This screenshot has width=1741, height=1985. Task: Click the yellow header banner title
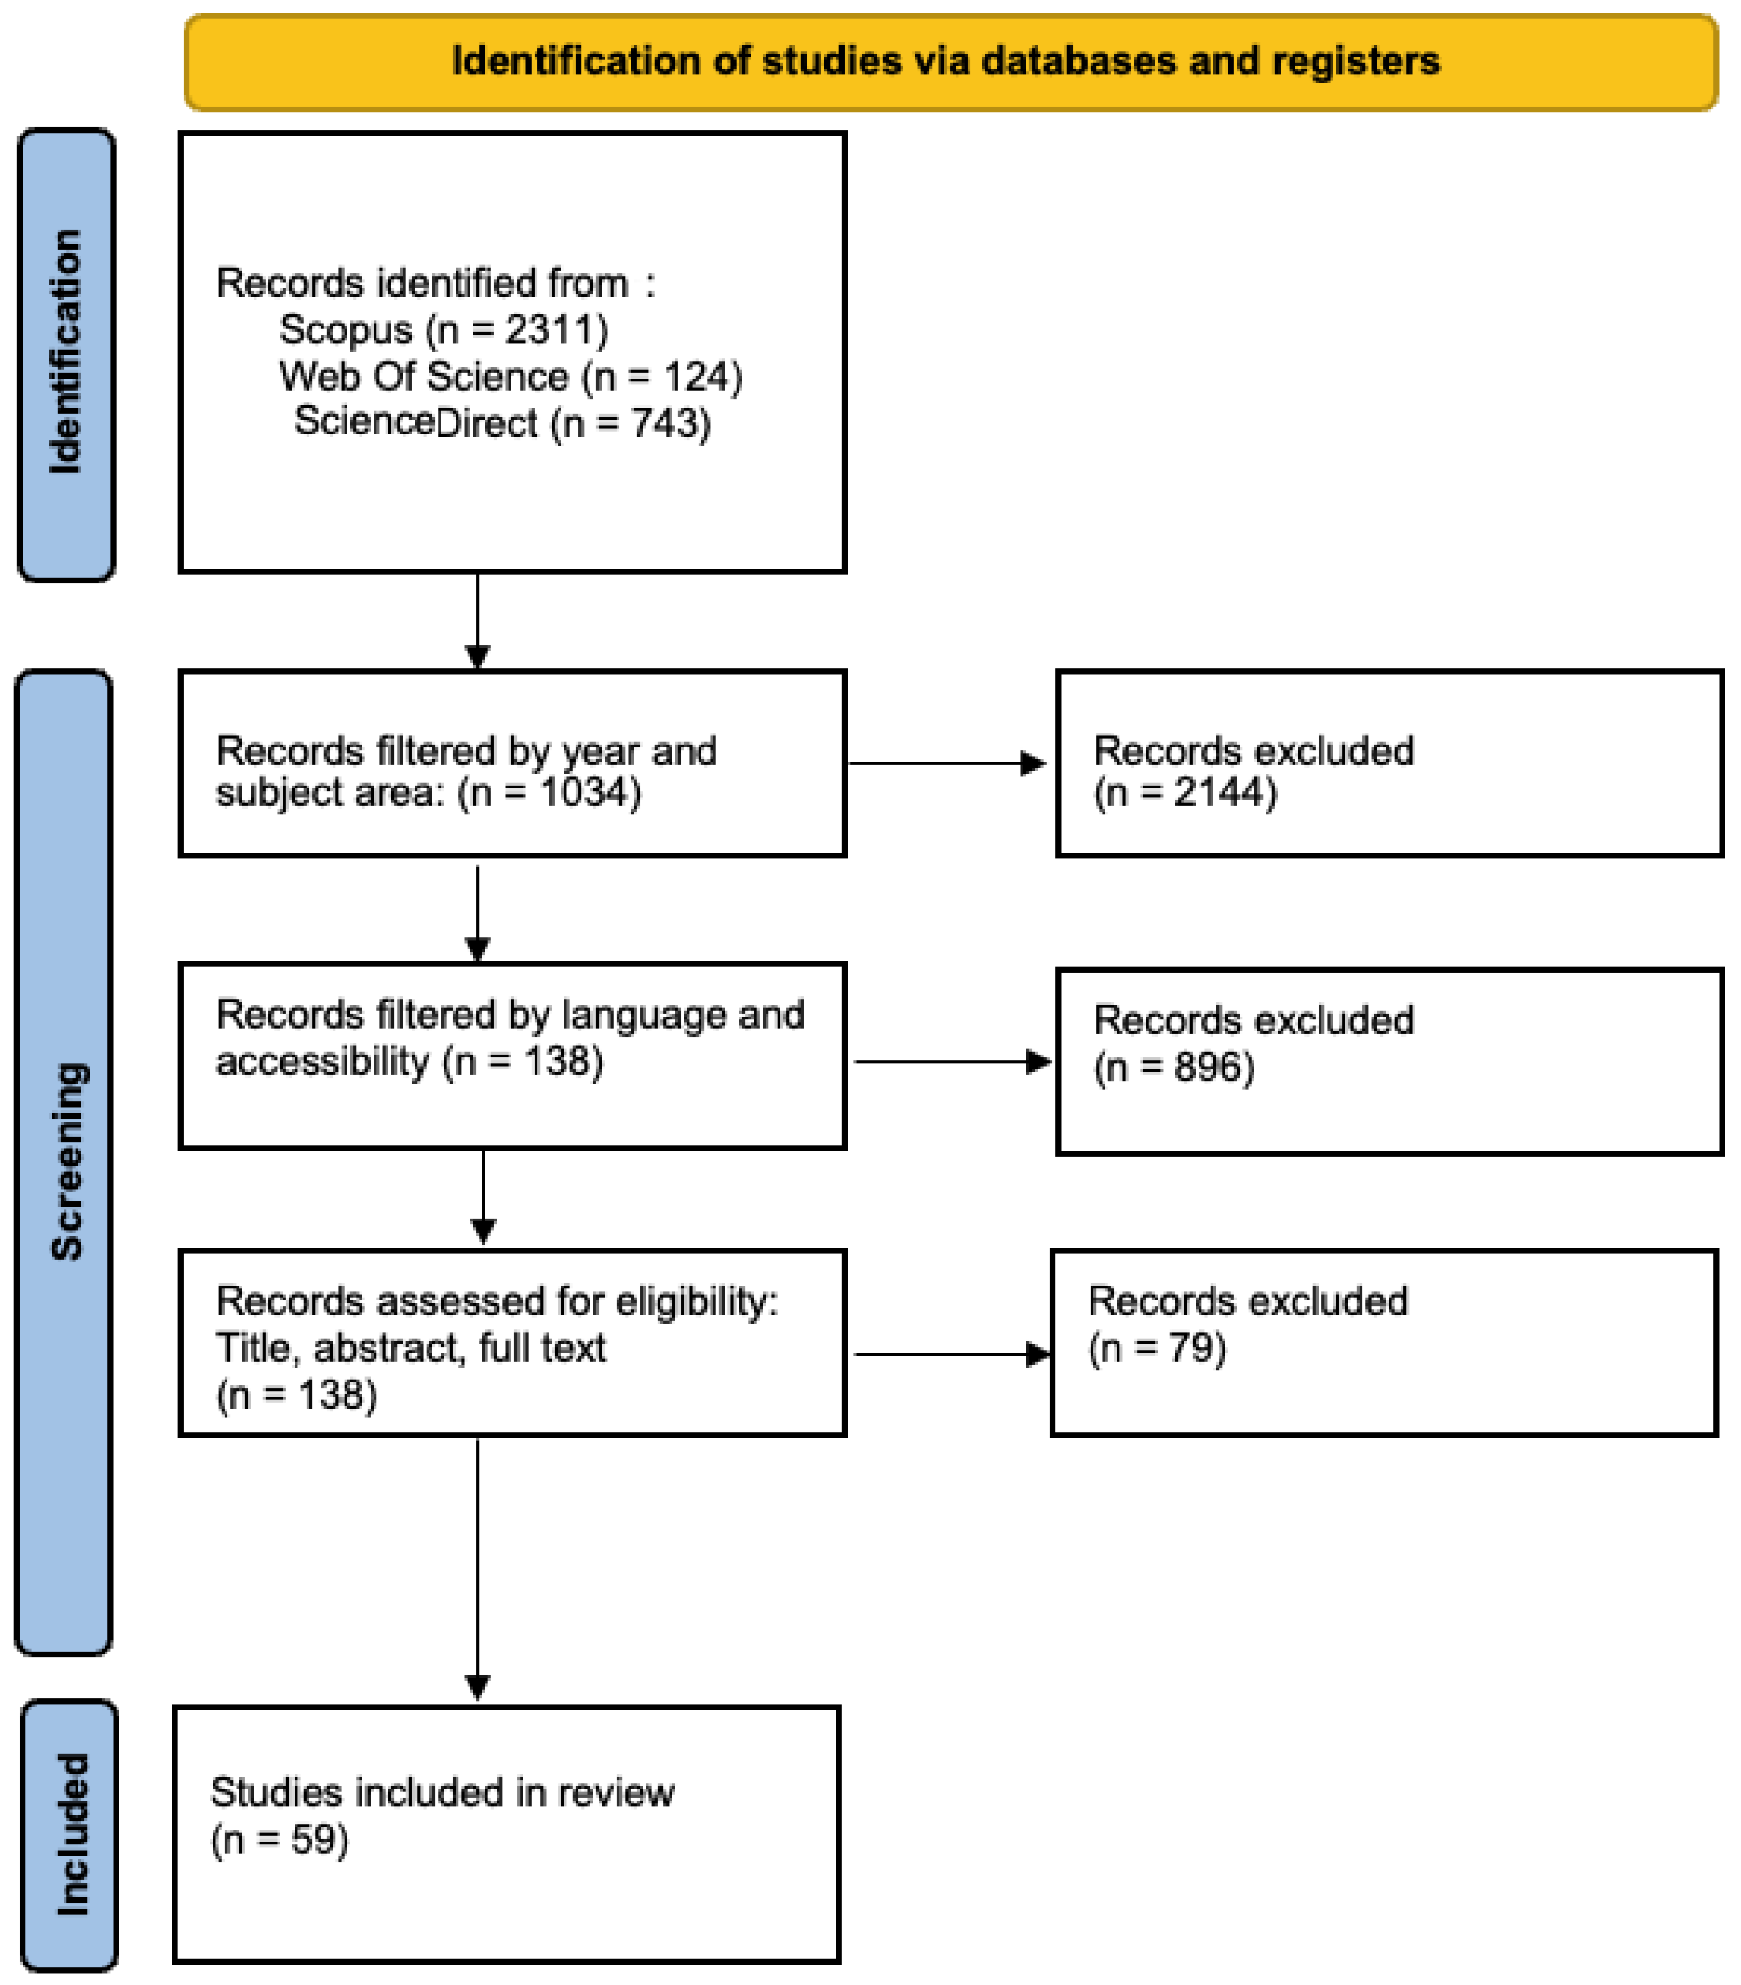[945, 61]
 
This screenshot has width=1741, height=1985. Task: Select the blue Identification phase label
[66, 355]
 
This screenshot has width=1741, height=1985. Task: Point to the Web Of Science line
[511, 377]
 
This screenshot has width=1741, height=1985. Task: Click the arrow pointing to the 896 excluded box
[953, 1062]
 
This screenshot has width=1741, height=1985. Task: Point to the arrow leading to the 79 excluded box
[953, 1353]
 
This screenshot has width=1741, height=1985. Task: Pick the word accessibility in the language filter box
[322, 1062]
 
